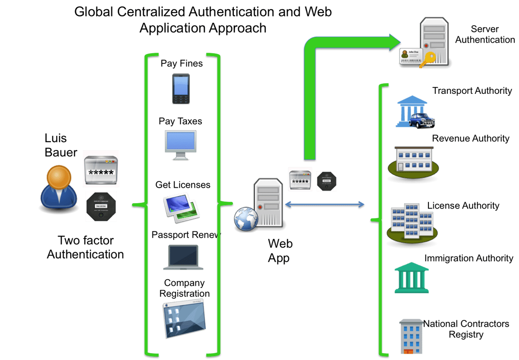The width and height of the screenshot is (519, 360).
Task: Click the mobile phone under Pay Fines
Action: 180,89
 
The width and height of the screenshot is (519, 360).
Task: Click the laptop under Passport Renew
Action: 183,257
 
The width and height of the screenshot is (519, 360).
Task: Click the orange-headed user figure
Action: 59,188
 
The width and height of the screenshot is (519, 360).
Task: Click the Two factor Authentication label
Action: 85,247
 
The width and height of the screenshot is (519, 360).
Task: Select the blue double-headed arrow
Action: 324,205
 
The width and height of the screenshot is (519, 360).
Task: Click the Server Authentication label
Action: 485,34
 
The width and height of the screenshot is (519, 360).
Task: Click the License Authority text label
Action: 463,206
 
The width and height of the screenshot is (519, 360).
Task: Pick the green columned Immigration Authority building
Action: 411,278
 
